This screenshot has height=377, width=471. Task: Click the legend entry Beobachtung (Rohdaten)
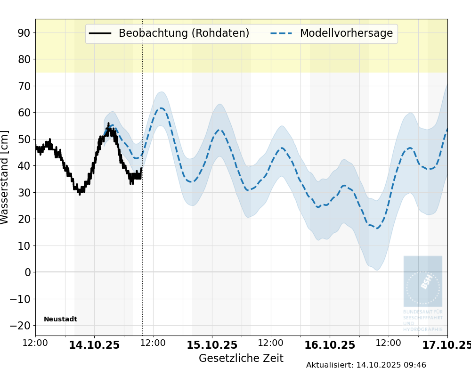(184, 33)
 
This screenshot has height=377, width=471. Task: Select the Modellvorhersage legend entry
(346, 33)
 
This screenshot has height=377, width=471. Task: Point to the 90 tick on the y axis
(24, 33)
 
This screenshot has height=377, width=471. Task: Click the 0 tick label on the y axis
(27, 272)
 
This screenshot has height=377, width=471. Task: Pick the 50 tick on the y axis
(24, 139)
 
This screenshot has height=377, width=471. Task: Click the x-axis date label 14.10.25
(94, 345)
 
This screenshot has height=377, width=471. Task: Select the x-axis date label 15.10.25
(212, 345)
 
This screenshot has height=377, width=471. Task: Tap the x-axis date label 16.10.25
(330, 345)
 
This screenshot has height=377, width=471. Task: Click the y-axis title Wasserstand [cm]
(5, 177)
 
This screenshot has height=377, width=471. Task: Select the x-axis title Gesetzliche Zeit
(241, 358)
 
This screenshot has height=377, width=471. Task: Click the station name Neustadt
(60, 320)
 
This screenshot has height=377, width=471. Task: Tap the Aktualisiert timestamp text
(366, 365)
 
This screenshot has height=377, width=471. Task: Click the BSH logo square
(422, 281)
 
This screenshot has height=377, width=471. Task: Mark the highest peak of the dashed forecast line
(161, 108)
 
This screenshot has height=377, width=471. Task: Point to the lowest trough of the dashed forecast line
(377, 229)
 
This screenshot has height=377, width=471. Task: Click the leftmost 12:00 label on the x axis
(35, 343)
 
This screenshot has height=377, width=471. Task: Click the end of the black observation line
(141, 169)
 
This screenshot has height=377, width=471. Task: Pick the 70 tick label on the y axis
(24, 86)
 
